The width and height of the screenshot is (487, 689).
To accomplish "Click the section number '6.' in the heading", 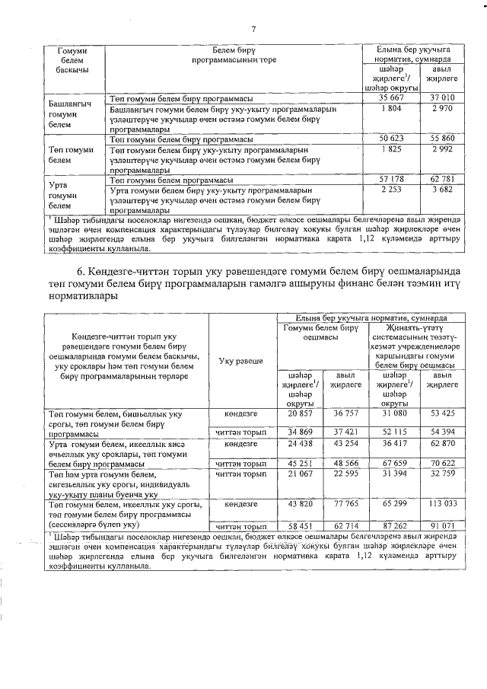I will [x=81, y=273].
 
